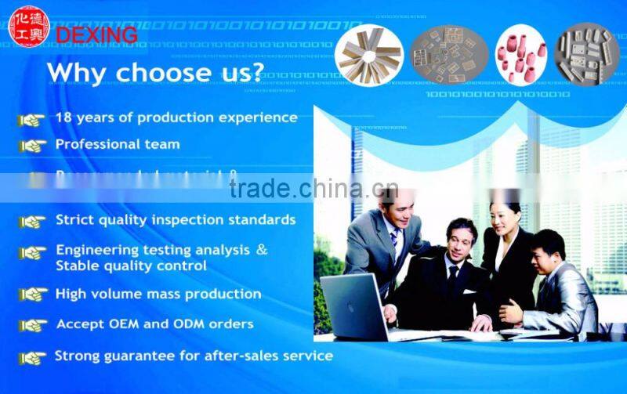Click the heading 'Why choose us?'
154,72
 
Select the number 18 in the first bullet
63,117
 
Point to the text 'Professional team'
118,144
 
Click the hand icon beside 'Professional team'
33,145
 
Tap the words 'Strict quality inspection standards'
176,219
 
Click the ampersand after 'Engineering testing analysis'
262,249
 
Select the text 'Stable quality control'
131,266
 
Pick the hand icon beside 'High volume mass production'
33,295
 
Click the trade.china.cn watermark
313,189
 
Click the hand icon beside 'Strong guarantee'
33,357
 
